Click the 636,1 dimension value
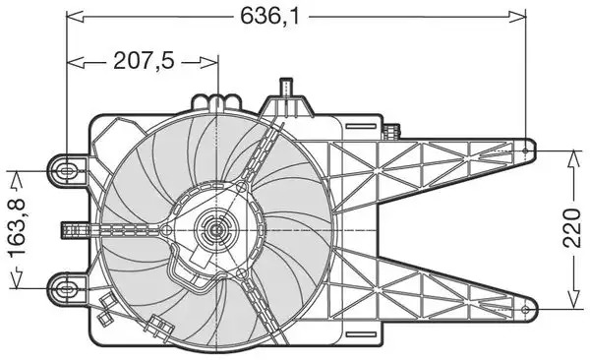pos(269,16)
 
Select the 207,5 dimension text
pos(145,61)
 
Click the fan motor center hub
pos(216,229)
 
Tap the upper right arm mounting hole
pos(526,150)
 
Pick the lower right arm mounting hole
pos(526,310)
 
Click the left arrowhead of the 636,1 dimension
pos(76,16)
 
